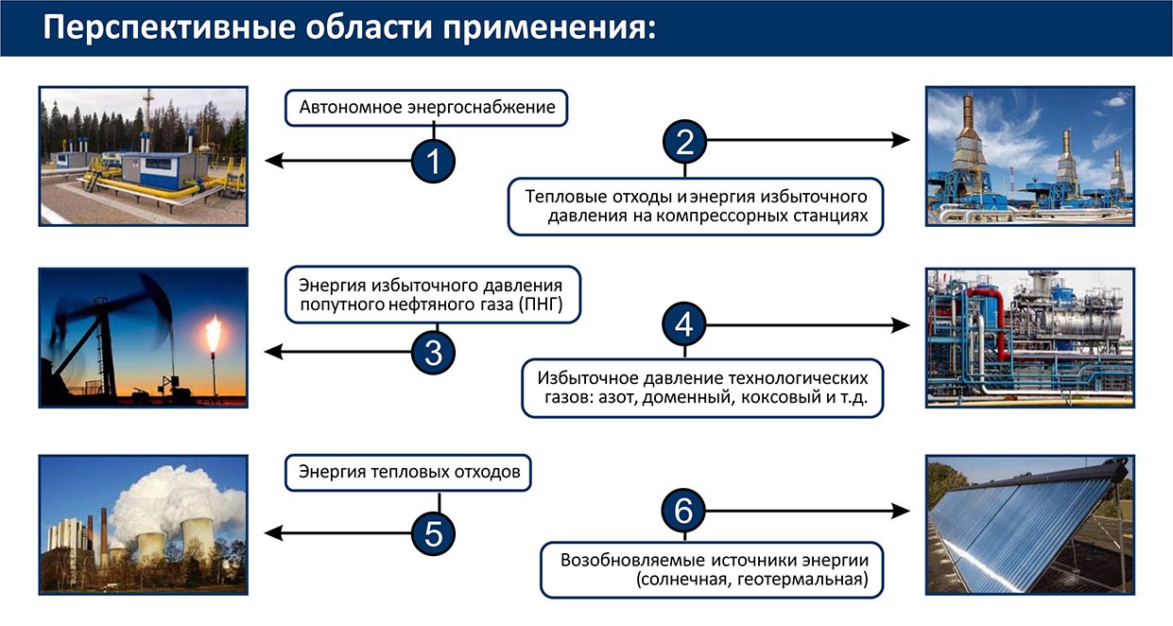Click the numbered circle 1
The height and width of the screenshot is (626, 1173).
pos(433,161)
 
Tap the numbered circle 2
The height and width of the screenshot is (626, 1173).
pos(684,141)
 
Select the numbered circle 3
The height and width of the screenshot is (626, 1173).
pos(433,353)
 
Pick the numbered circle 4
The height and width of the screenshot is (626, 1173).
pos(684,325)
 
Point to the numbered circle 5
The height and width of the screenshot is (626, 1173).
pos(433,534)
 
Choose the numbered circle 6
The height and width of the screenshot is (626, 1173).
pos(684,512)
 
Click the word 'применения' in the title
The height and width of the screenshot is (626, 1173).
pos(551,27)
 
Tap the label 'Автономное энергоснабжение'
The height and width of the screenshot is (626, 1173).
pos(427,108)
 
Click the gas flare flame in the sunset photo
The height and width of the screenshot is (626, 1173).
pos(213,333)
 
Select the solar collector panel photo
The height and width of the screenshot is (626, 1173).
pos(1029,525)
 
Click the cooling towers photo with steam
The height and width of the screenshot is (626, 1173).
pos(143,525)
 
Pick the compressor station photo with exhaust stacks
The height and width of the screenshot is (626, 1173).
pos(1029,156)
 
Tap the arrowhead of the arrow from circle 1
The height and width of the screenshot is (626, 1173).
pos(271,161)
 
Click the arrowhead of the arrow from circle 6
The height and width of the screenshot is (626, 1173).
pos(903,512)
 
